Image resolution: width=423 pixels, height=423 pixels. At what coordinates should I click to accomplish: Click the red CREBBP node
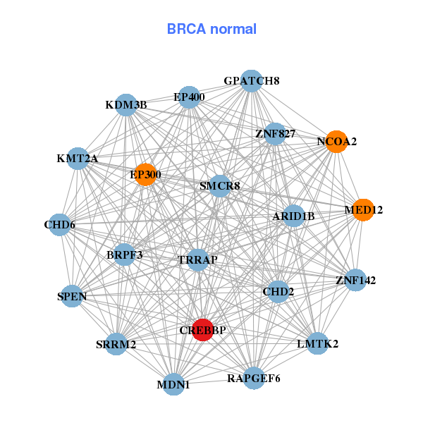pyautogui.click(x=202, y=330)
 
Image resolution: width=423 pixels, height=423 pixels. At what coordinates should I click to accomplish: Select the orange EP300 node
pyautogui.click(x=145, y=175)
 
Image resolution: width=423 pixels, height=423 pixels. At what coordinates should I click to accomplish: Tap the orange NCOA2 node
pyautogui.click(x=336, y=142)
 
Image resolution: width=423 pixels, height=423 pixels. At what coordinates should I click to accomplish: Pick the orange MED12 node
pyautogui.click(x=363, y=209)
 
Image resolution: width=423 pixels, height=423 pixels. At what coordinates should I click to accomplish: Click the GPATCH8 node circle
pyautogui.click(x=252, y=80)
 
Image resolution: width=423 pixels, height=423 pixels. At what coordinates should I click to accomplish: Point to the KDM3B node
pyautogui.click(x=125, y=105)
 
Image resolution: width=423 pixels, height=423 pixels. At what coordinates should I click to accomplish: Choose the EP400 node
pyautogui.click(x=189, y=97)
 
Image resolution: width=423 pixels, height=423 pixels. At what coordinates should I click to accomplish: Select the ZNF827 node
pyautogui.click(x=275, y=133)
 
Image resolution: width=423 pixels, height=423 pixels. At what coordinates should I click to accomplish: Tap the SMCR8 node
pyautogui.click(x=220, y=186)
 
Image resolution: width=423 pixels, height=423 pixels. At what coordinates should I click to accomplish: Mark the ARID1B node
pyautogui.click(x=293, y=216)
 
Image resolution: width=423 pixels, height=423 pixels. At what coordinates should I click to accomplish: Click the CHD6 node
pyautogui.click(x=60, y=225)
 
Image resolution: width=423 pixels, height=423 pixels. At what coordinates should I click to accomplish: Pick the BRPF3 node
pyautogui.click(x=125, y=255)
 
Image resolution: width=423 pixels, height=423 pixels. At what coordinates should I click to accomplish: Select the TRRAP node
pyautogui.click(x=198, y=260)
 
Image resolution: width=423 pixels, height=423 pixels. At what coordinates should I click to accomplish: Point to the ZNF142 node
pyautogui.click(x=355, y=280)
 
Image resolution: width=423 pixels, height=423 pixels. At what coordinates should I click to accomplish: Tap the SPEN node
pyautogui.click(x=72, y=297)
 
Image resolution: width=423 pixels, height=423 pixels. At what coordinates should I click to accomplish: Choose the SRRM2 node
pyautogui.click(x=116, y=344)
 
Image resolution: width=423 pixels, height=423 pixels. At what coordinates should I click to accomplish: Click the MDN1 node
pyautogui.click(x=173, y=385)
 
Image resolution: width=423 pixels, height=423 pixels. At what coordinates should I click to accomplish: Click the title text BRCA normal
pyautogui.click(x=211, y=29)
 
